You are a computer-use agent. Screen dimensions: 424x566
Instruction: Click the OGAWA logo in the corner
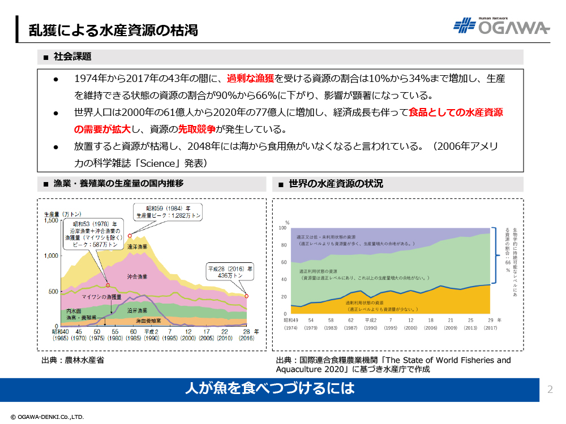pos(501,27)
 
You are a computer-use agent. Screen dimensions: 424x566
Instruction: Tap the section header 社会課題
pos(72,57)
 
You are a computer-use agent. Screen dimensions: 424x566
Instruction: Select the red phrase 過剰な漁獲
pos(251,79)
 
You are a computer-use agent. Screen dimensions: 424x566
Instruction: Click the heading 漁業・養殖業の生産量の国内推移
pos(118,184)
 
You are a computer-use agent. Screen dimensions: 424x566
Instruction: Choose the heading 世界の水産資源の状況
pos(336,184)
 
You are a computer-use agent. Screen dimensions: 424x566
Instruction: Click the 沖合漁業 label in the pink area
pos(137,276)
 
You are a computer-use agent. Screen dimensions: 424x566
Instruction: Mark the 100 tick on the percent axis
pos(283,228)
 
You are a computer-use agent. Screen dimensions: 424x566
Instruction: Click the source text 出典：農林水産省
pos(72,360)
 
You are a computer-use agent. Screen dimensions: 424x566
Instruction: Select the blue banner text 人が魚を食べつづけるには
pos(269,388)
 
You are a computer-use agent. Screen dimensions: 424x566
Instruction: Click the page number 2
pos(550,389)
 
